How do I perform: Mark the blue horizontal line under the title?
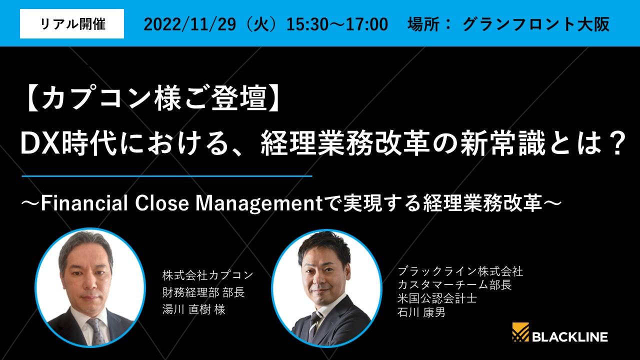pos(167,176)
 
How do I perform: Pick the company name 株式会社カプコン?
pos(208,275)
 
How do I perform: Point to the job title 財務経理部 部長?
pos(203,292)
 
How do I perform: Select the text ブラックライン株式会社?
pos(460,271)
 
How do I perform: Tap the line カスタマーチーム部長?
pos(454,285)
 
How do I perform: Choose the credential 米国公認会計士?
pos(437,298)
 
